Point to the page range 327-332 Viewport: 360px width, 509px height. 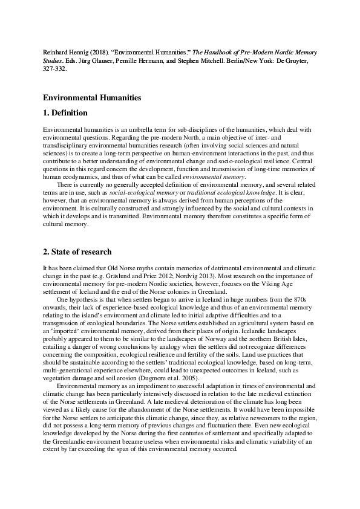56,69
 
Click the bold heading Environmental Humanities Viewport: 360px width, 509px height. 92,97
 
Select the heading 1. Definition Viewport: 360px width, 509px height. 65,112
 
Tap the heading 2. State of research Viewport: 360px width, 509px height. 77,251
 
